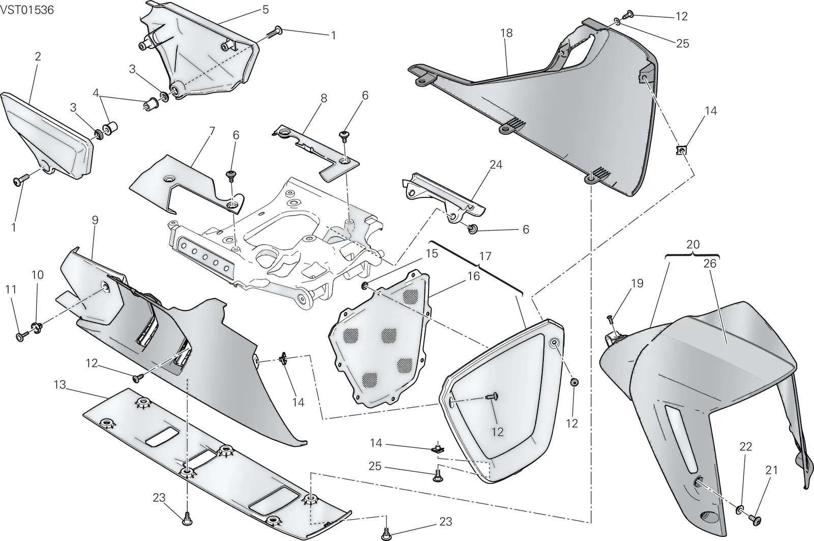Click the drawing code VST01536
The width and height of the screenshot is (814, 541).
pyautogui.click(x=27, y=10)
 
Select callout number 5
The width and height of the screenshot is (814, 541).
pyautogui.click(x=266, y=10)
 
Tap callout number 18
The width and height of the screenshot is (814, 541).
pyautogui.click(x=507, y=33)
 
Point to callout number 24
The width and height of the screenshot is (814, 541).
pyautogui.click(x=496, y=165)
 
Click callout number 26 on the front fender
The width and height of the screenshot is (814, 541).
pyautogui.click(x=710, y=264)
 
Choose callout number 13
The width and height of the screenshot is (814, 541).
pyautogui.click(x=60, y=384)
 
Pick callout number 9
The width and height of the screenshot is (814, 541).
pyautogui.click(x=95, y=220)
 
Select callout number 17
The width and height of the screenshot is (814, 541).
pyautogui.click(x=485, y=257)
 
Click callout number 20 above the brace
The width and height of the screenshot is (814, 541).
pyautogui.click(x=693, y=244)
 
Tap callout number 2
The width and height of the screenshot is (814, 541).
pyautogui.click(x=38, y=56)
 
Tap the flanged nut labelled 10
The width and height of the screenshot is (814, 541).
pyautogui.click(x=37, y=327)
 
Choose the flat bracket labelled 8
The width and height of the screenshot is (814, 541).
pyautogui.click(x=315, y=153)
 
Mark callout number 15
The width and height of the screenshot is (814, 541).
pyautogui.click(x=432, y=253)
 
